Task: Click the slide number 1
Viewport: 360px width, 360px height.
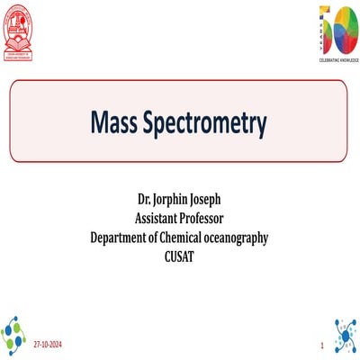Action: point(321,346)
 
